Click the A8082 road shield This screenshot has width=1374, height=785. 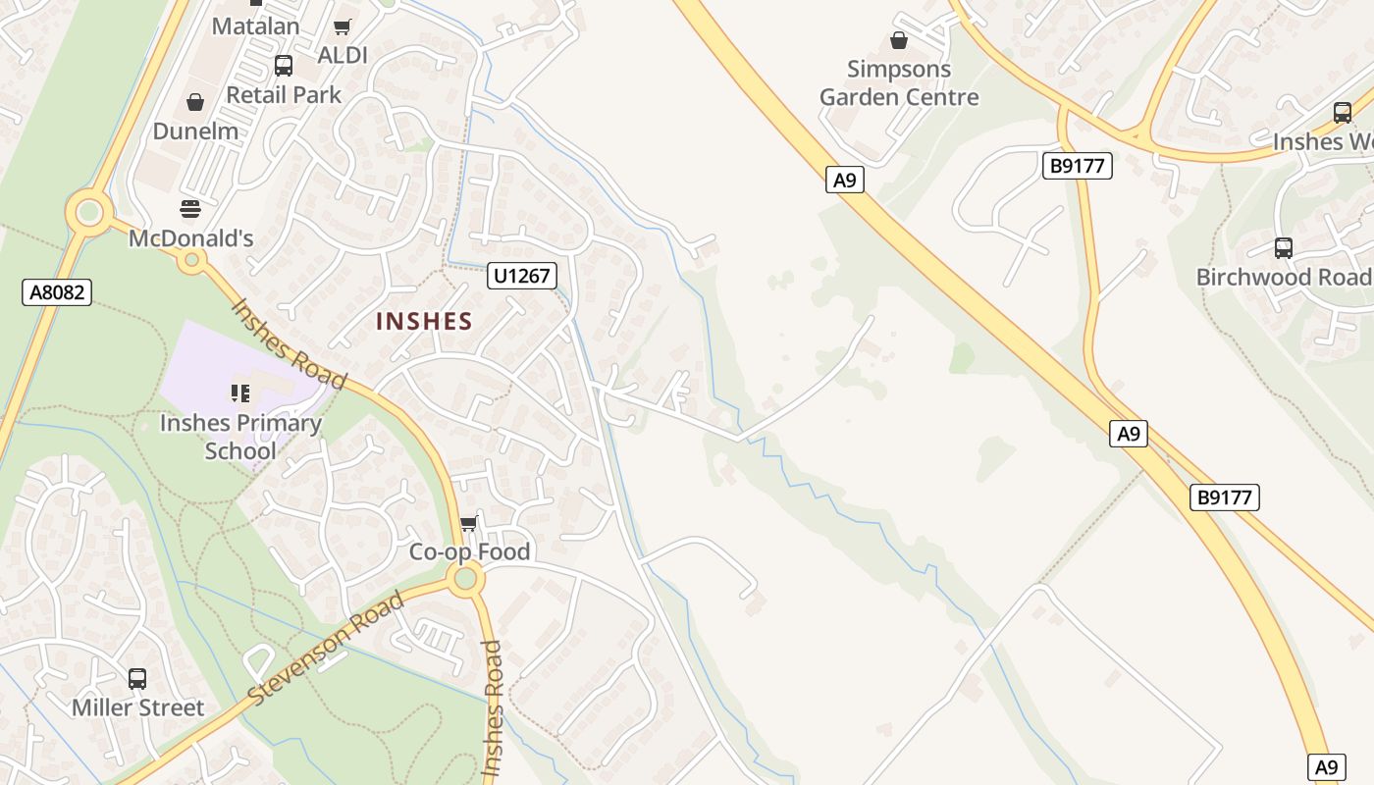tap(57, 291)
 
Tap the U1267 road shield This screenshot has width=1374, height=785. tap(522, 276)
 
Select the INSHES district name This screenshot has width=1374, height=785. tap(424, 321)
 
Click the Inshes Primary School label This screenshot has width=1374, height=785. tap(240, 437)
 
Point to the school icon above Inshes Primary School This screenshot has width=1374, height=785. tap(240, 393)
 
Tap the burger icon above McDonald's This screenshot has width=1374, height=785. tap(190, 208)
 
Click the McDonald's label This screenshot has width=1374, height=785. tap(191, 238)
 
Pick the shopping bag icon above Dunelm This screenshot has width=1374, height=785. tap(195, 102)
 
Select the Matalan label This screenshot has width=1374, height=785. tap(256, 26)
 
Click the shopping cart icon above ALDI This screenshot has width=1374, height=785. tap(342, 27)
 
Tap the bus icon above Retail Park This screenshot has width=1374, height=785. tap(284, 66)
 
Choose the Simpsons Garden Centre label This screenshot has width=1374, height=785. tap(899, 83)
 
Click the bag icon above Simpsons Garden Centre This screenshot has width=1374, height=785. tap(898, 40)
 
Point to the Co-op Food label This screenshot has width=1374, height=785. tap(469, 551)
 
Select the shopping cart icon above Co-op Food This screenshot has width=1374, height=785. tap(469, 523)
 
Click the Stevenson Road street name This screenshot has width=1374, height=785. tap(326, 648)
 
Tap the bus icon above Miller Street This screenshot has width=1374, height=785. tap(137, 678)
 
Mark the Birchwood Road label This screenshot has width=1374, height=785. tap(1282, 277)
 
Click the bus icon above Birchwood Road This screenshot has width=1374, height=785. tap(1283, 247)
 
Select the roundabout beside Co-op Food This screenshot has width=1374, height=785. tap(466, 579)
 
